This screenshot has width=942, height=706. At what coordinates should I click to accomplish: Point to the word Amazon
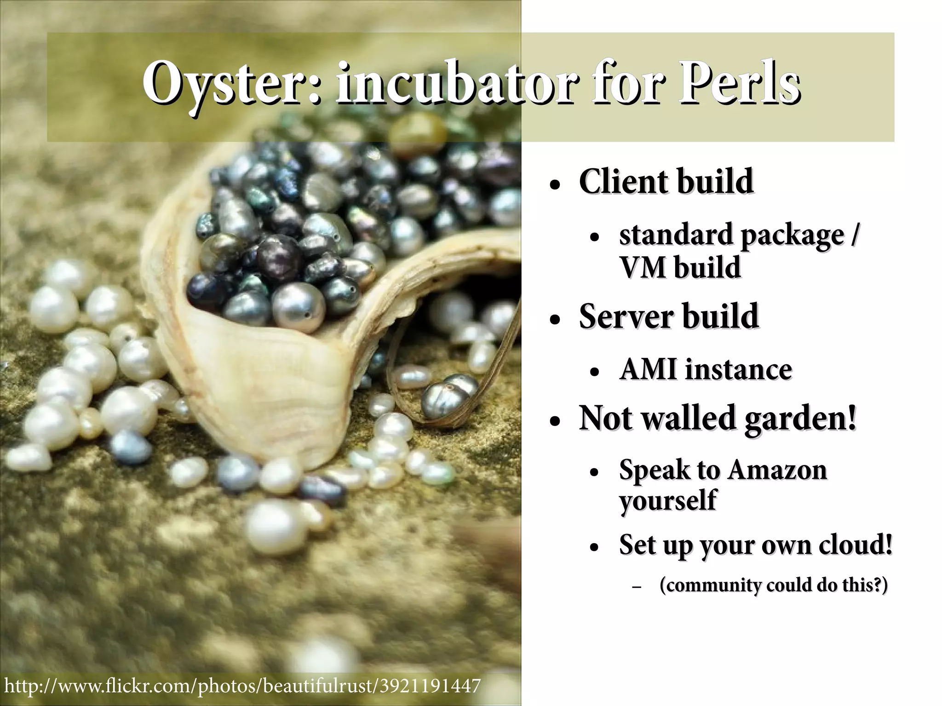tap(777, 470)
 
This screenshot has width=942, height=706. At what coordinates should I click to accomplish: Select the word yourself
tap(667, 501)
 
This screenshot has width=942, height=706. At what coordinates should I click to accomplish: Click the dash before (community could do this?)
tap(637, 588)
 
